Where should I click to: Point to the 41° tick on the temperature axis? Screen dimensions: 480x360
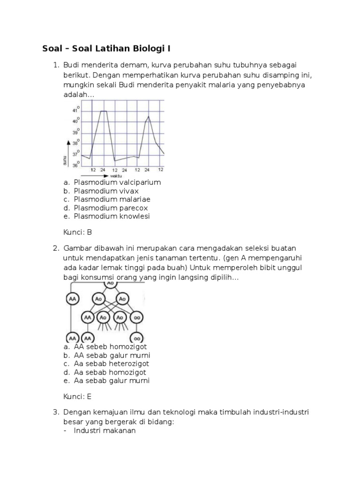click(75, 110)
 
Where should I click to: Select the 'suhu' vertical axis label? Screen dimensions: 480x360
click(64, 160)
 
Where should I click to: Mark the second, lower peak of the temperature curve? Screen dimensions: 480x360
click(149, 116)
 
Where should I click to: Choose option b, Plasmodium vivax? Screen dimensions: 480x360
click(106, 191)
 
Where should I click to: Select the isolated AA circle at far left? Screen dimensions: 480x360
click(72, 299)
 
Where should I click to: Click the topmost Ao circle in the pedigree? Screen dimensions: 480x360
click(110, 284)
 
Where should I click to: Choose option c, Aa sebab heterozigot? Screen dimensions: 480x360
click(112, 364)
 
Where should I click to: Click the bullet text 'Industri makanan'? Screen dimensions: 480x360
click(105, 430)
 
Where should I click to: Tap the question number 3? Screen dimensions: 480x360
click(55, 412)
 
